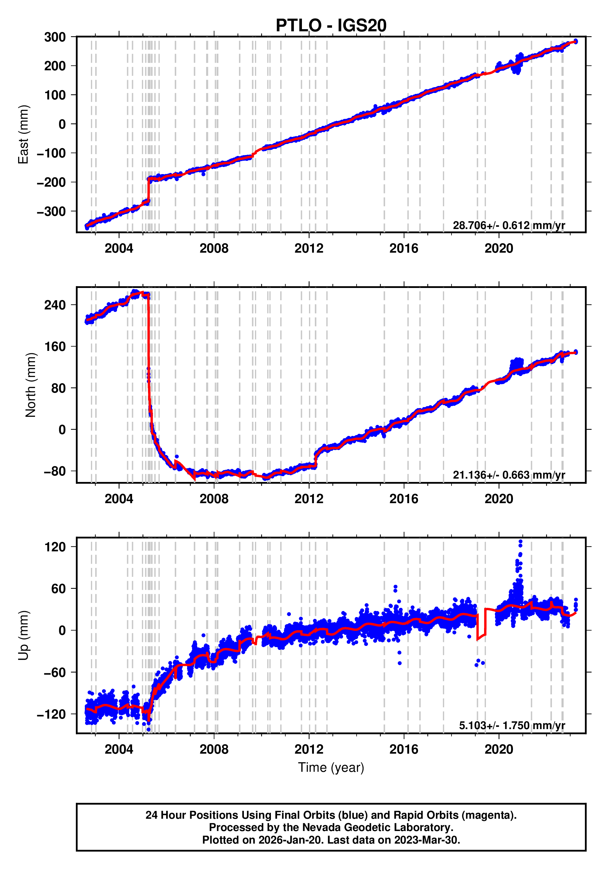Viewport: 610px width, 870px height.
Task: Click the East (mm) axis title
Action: (24, 134)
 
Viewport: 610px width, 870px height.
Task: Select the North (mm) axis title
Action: (31, 385)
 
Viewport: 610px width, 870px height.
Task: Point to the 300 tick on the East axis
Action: (55, 37)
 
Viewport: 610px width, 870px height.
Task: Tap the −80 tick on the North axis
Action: (55, 471)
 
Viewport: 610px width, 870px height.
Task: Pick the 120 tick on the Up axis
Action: (55, 547)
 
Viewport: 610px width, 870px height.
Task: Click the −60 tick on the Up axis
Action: (55, 673)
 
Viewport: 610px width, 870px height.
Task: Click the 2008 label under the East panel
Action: (214, 249)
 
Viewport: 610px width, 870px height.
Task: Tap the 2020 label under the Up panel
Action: (499, 749)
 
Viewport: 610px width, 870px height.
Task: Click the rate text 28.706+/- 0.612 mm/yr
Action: (509, 225)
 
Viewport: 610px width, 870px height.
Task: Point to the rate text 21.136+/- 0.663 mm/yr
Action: (509, 475)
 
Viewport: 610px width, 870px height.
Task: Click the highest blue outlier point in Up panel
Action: (520, 542)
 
